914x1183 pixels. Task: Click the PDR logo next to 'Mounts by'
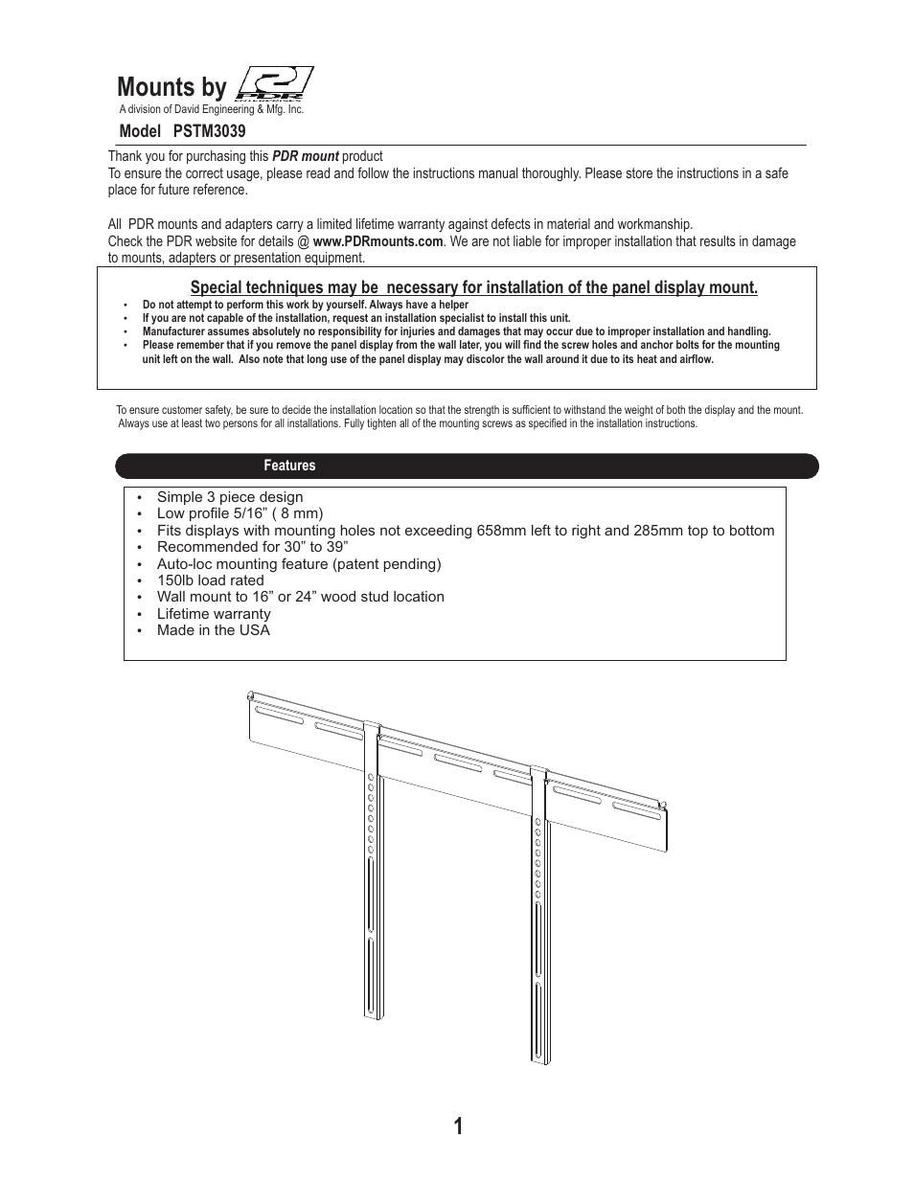click(274, 83)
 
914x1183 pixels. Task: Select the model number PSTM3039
click(209, 131)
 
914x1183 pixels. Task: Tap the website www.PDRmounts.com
click(377, 241)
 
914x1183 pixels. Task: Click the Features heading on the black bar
click(289, 466)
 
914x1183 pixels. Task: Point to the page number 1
click(458, 1126)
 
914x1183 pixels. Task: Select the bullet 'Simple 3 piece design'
click(230, 497)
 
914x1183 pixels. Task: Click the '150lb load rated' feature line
click(210, 580)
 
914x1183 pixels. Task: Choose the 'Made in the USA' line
click(213, 630)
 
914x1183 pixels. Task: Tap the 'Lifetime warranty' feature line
click(214, 614)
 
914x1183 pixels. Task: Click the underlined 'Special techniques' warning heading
click(473, 287)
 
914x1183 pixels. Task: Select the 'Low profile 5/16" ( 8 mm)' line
click(240, 513)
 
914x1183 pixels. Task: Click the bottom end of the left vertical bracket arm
click(373, 1011)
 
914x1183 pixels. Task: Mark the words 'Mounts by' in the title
click(171, 87)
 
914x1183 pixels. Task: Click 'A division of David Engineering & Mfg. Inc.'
click(211, 110)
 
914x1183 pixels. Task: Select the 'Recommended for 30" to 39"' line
click(252, 547)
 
